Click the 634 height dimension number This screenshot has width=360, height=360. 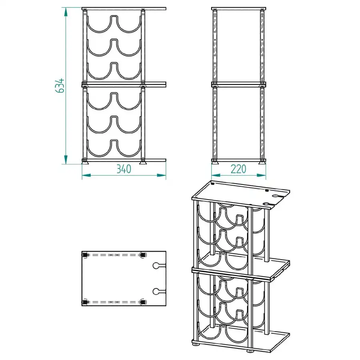tap(60, 86)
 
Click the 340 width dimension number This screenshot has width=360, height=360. tap(124, 169)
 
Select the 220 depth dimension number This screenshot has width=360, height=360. tap(238, 169)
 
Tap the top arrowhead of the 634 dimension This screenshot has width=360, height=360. tap(66, 12)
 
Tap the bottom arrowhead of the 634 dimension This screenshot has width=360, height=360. tap(66, 160)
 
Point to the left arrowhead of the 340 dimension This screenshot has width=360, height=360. tap(86, 176)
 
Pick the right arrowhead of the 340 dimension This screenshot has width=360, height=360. tap(162, 176)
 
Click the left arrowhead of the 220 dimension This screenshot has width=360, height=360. tap(216, 176)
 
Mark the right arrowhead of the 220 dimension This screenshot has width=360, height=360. tap(261, 176)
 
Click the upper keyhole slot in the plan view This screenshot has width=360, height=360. tap(159, 266)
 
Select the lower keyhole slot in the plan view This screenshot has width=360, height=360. tap(159, 291)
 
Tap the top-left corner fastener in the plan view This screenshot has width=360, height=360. tap(85, 255)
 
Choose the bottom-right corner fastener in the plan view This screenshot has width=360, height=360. tap(143, 302)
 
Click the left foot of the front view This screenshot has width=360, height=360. tap(86, 163)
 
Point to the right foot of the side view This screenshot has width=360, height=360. tap(262, 163)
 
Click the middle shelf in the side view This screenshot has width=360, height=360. tap(238, 85)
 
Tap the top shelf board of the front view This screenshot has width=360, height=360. tap(124, 9)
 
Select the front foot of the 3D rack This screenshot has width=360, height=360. tap(250, 351)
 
